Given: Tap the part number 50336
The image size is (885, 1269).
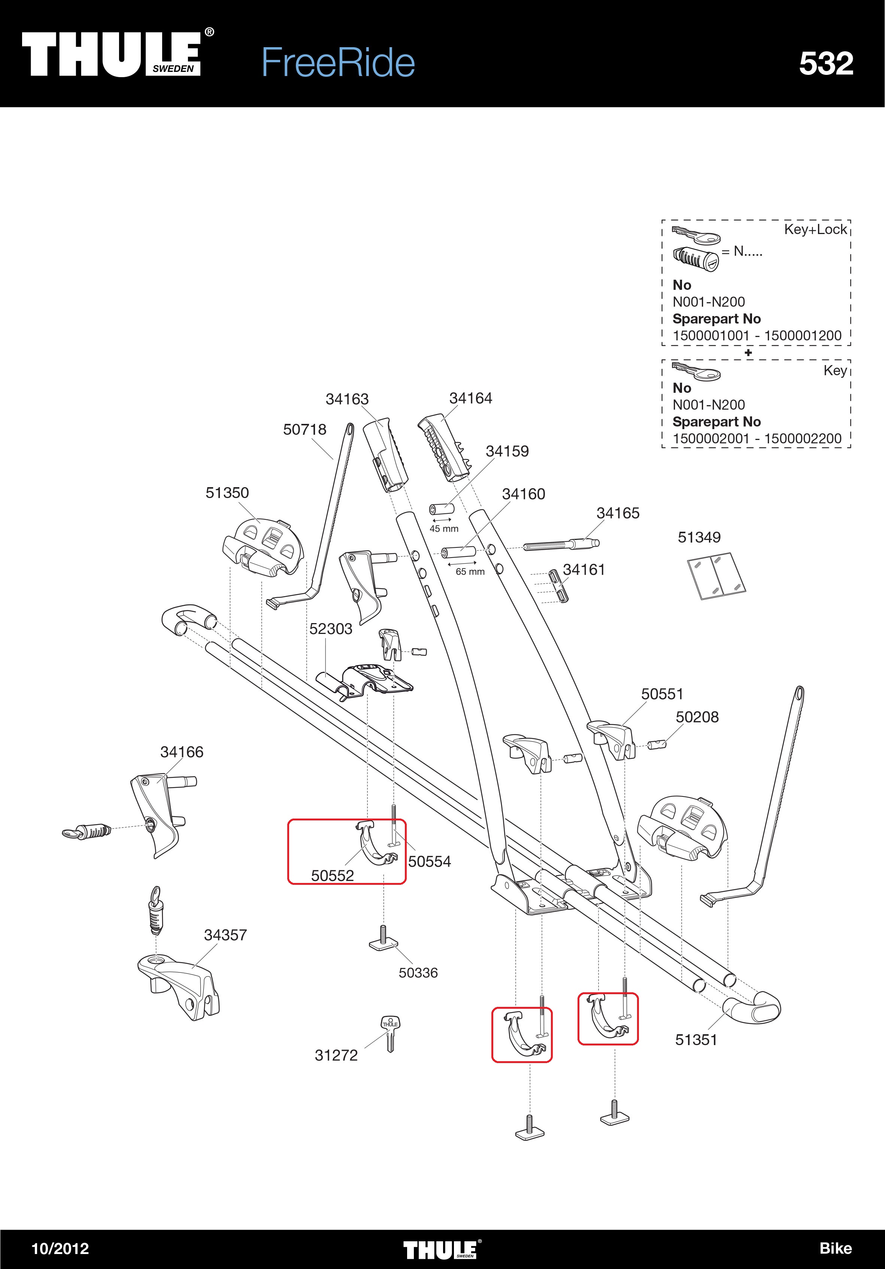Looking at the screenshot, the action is click(x=418, y=973).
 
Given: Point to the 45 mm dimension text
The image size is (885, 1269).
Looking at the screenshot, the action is click(x=444, y=529).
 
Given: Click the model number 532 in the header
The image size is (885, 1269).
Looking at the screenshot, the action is click(x=826, y=64).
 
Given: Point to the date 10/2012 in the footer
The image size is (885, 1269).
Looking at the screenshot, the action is click(x=60, y=1248).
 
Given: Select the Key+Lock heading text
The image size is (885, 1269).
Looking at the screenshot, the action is click(x=815, y=230).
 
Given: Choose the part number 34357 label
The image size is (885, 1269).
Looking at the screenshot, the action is click(x=225, y=935).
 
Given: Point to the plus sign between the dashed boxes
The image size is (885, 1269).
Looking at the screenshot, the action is click(x=748, y=353).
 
